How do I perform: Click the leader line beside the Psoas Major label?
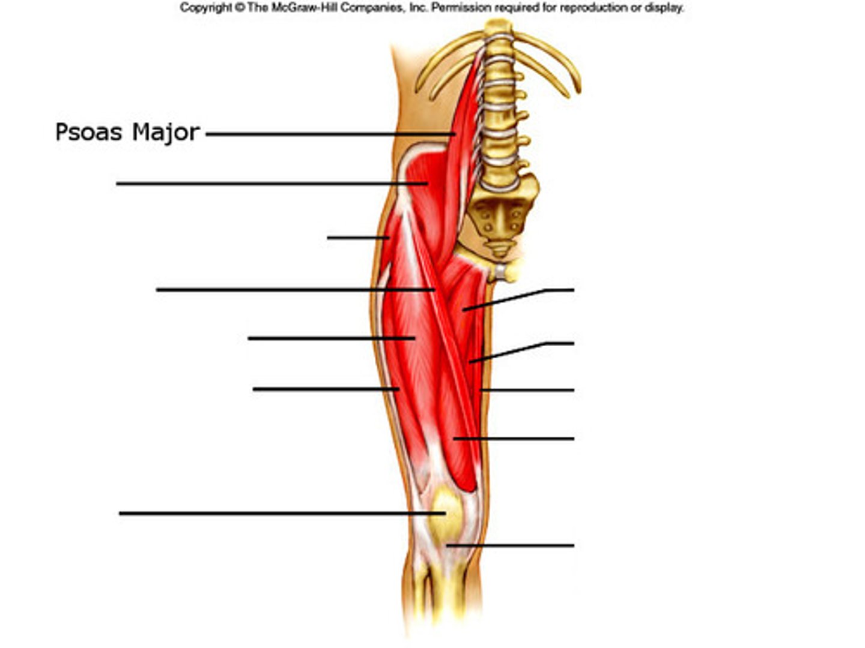330,134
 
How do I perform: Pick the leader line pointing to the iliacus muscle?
270,184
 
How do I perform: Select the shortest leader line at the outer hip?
357,238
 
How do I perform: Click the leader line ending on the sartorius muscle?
294,290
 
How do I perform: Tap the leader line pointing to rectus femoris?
330,338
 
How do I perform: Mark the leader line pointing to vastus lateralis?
324,389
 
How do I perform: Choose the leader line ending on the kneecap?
282,514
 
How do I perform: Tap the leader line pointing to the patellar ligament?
511,545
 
